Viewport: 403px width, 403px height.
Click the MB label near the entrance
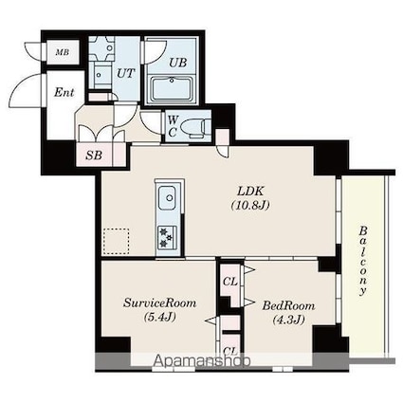tap(63, 52)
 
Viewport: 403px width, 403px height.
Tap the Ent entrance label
tap(64, 92)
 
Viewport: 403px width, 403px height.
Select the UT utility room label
tap(126, 74)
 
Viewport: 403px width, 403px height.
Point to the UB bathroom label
tap(177, 63)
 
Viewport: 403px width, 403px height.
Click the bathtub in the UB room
tap(172, 89)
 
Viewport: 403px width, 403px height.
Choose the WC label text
tap(173, 126)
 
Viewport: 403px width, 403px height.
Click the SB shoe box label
tap(94, 156)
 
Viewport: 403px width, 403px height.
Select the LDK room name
tap(250, 192)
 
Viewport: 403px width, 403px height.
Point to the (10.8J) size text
tap(250, 206)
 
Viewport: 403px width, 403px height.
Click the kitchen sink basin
tap(167, 198)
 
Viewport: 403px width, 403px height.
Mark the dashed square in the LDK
tap(116, 241)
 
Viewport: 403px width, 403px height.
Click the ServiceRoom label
tap(159, 303)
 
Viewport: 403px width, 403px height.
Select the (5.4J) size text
tap(159, 317)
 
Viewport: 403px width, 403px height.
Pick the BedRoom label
tap(288, 305)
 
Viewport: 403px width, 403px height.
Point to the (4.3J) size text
tap(288, 320)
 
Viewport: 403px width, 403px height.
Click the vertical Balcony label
tap(363, 261)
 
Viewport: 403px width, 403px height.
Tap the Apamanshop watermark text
tap(203, 360)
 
